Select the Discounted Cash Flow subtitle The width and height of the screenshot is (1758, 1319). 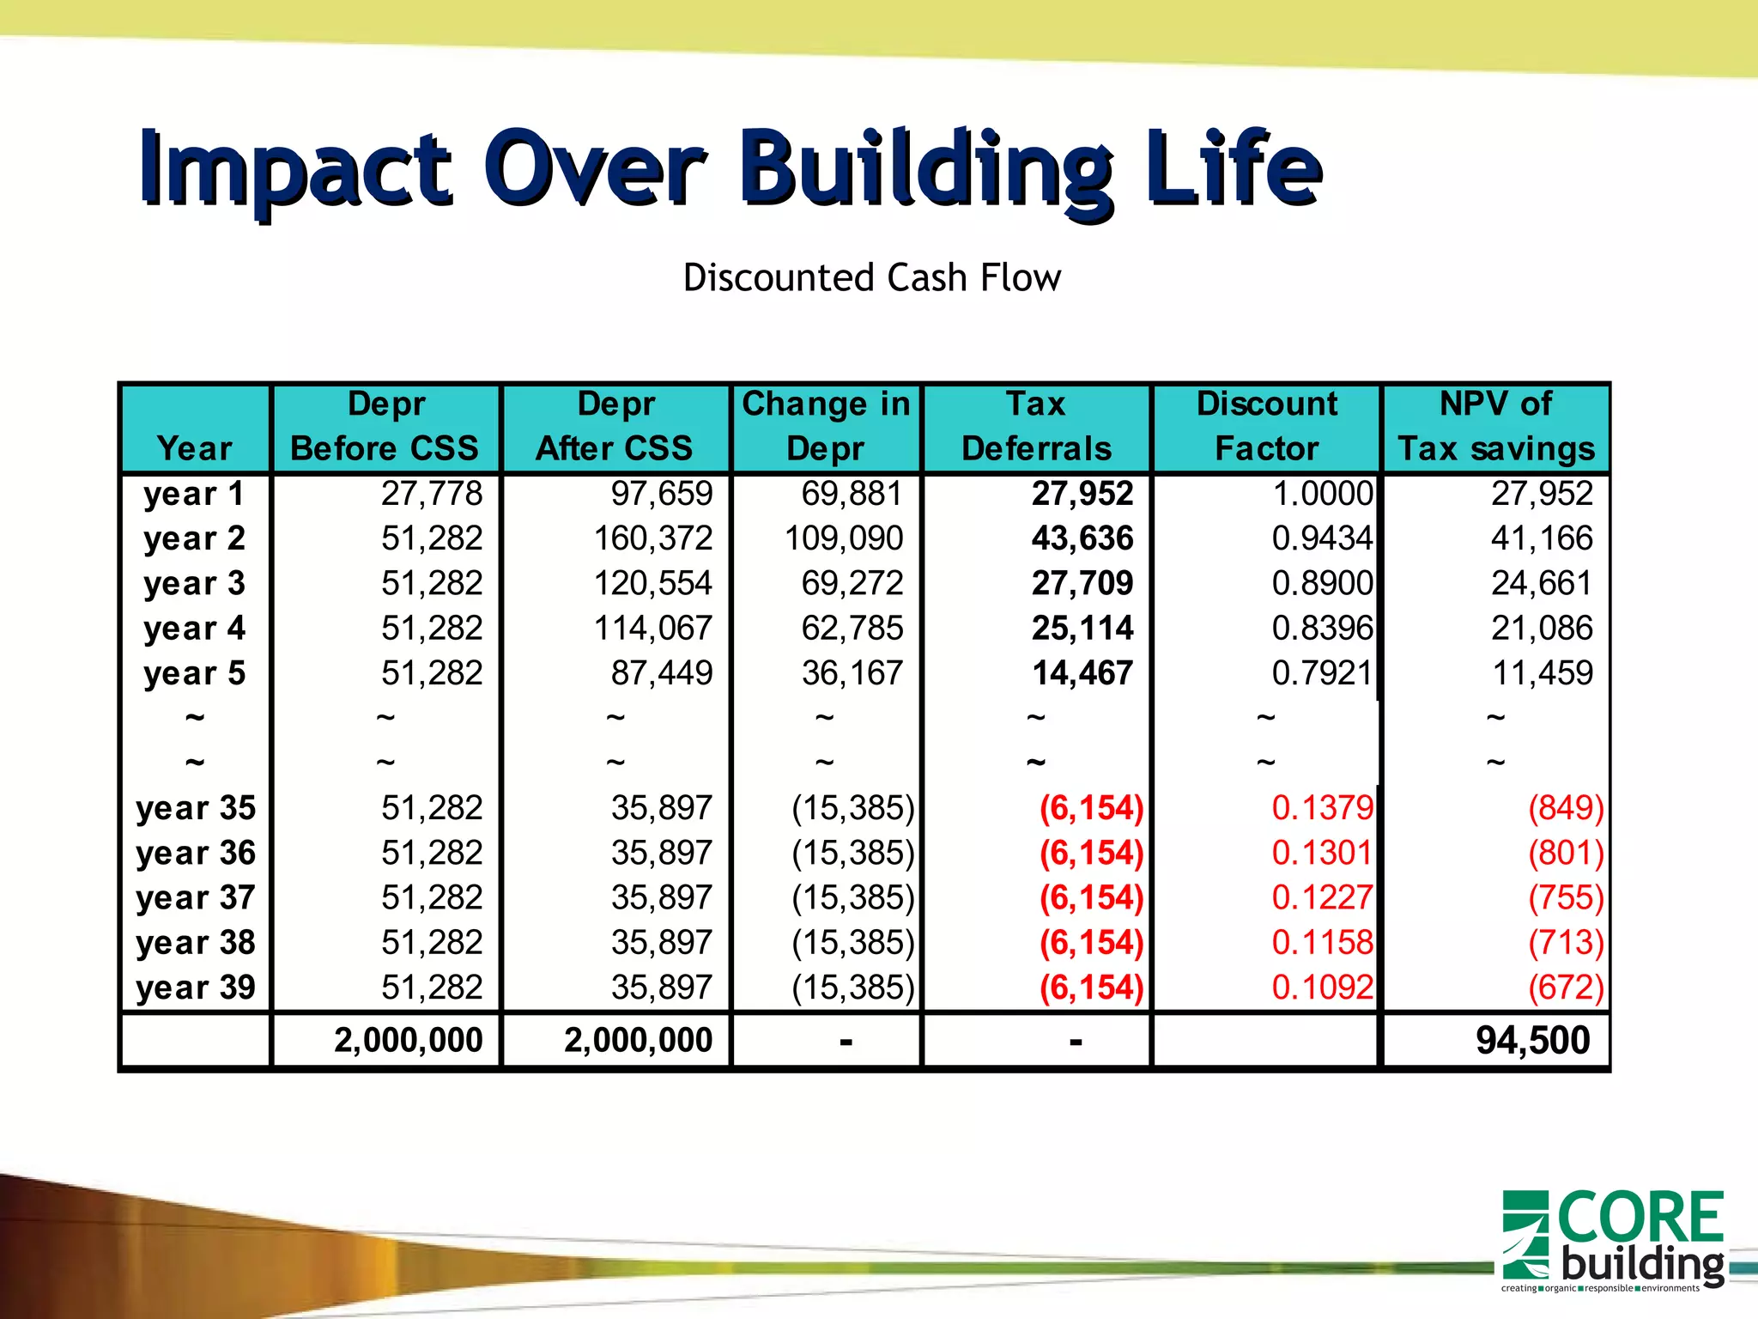[x=871, y=278]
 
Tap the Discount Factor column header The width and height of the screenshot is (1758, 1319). [x=1266, y=427]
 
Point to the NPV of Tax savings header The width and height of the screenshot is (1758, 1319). [x=1495, y=427]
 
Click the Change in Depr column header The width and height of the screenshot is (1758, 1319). [x=826, y=427]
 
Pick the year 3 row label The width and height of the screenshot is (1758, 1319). [x=195, y=584]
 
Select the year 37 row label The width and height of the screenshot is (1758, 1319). [x=196, y=898]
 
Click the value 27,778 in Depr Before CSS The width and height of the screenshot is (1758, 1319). [x=432, y=494]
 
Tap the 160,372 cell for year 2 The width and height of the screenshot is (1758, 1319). [x=653, y=538]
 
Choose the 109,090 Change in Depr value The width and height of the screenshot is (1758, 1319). [x=844, y=538]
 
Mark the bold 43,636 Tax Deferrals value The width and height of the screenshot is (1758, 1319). [x=1082, y=538]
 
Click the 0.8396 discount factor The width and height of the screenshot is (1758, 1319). [x=1322, y=629]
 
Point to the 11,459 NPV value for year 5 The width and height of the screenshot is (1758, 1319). [x=1543, y=673]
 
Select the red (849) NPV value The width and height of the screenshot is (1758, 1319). [x=1566, y=808]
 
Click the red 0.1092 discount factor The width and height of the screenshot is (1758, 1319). [x=1322, y=988]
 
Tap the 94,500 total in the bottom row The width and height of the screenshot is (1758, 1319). [x=1532, y=1041]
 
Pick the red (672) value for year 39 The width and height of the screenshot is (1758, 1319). [x=1566, y=988]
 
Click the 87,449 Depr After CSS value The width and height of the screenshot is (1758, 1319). [x=662, y=673]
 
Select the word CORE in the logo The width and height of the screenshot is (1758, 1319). [x=1640, y=1218]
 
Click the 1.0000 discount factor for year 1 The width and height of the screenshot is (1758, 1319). [x=1322, y=494]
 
